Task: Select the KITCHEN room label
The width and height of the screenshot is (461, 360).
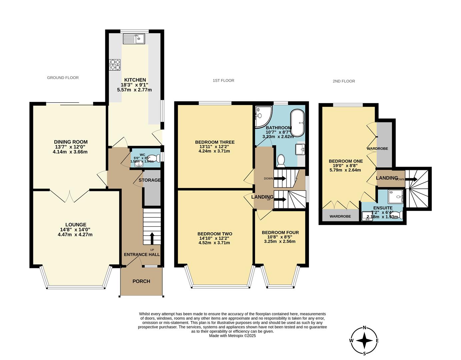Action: pos(135,80)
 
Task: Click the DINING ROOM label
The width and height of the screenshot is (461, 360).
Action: pos(71,142)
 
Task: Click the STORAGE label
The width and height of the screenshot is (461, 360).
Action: pos(150,180)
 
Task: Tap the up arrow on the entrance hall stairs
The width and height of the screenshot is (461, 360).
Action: pos(152,238)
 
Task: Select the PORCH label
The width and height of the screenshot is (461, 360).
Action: pos(141,281)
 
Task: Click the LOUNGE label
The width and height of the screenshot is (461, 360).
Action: pos(76,225)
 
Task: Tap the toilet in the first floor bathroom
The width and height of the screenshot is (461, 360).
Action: pos(281,160)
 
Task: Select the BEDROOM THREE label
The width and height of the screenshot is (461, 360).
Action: pos(215,142)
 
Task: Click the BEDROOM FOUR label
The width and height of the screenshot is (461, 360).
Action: pos(280,232)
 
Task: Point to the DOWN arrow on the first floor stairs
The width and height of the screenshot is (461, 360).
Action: pos(280,178)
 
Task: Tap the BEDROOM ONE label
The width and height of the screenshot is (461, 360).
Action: pos(346,161)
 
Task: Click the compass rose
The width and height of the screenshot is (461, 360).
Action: pos(365,341)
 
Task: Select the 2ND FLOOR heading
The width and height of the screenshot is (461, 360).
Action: pos(344,81)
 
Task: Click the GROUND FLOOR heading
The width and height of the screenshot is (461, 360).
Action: pos(63,78)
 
